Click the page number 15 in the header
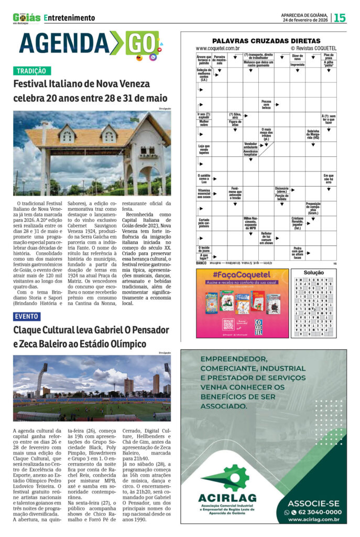click(x=340, y=18)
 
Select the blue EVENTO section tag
click(x=27, y=317)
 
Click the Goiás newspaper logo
click(x=26, y=18)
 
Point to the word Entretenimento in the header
click(x=70, y=18)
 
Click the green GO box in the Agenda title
click(x=141, y=43)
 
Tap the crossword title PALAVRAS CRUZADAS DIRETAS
click(x=266, y=41)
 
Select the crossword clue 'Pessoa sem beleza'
click(x=266, y=104)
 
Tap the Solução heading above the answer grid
click(x=314, y=273)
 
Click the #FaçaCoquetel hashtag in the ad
click(x=243, y=275)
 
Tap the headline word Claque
click(x=31, y=330)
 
